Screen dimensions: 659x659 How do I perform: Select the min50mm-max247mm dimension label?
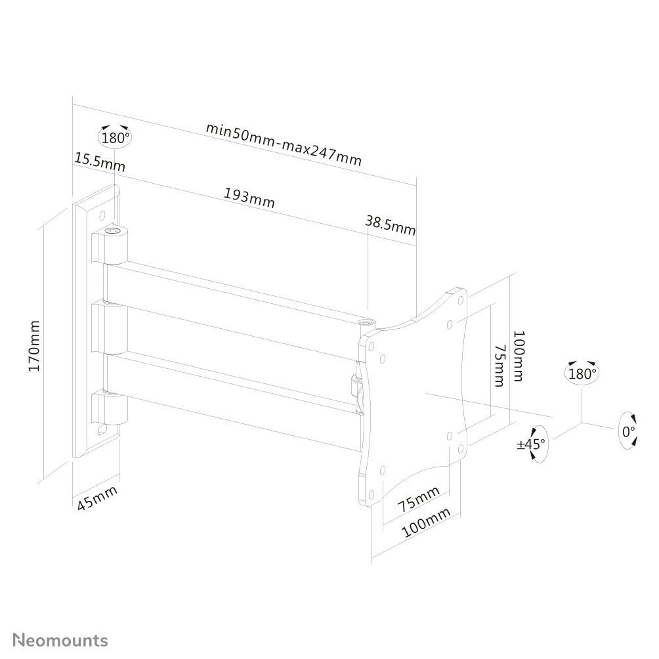[x=284, y=144]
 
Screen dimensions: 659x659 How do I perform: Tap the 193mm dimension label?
[x=249, y=198]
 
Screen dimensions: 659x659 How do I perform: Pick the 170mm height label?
[x=34, y=345]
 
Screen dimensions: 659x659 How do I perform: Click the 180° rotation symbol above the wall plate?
[x=116, y=137]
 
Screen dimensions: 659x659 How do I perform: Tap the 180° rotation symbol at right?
[x=582, y=373]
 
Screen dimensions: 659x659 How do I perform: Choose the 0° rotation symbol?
[x=629, y=431]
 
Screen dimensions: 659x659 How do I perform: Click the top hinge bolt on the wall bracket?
[x=116, y=231]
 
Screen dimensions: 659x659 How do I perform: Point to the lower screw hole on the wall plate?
[x=102, y=430]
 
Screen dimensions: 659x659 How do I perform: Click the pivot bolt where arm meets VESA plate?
[x=366, y=324]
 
